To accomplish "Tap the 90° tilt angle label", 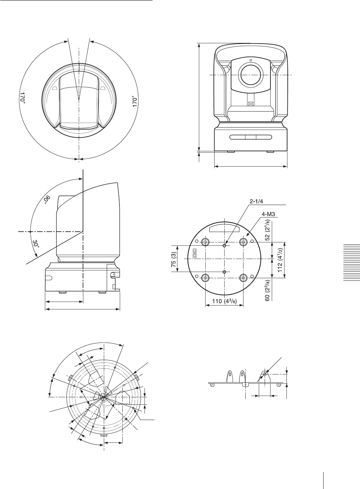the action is (x=47, y=199).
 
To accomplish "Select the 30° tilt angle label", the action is (x=36, y=244).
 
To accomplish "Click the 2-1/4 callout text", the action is (x=256, y=201).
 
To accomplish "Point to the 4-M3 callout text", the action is (x=268, y=214).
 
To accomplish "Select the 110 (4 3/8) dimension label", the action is (x=224, y=301).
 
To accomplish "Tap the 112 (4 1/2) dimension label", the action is (x=280, y=260).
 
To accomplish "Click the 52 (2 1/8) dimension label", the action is (x=268, y=230).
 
